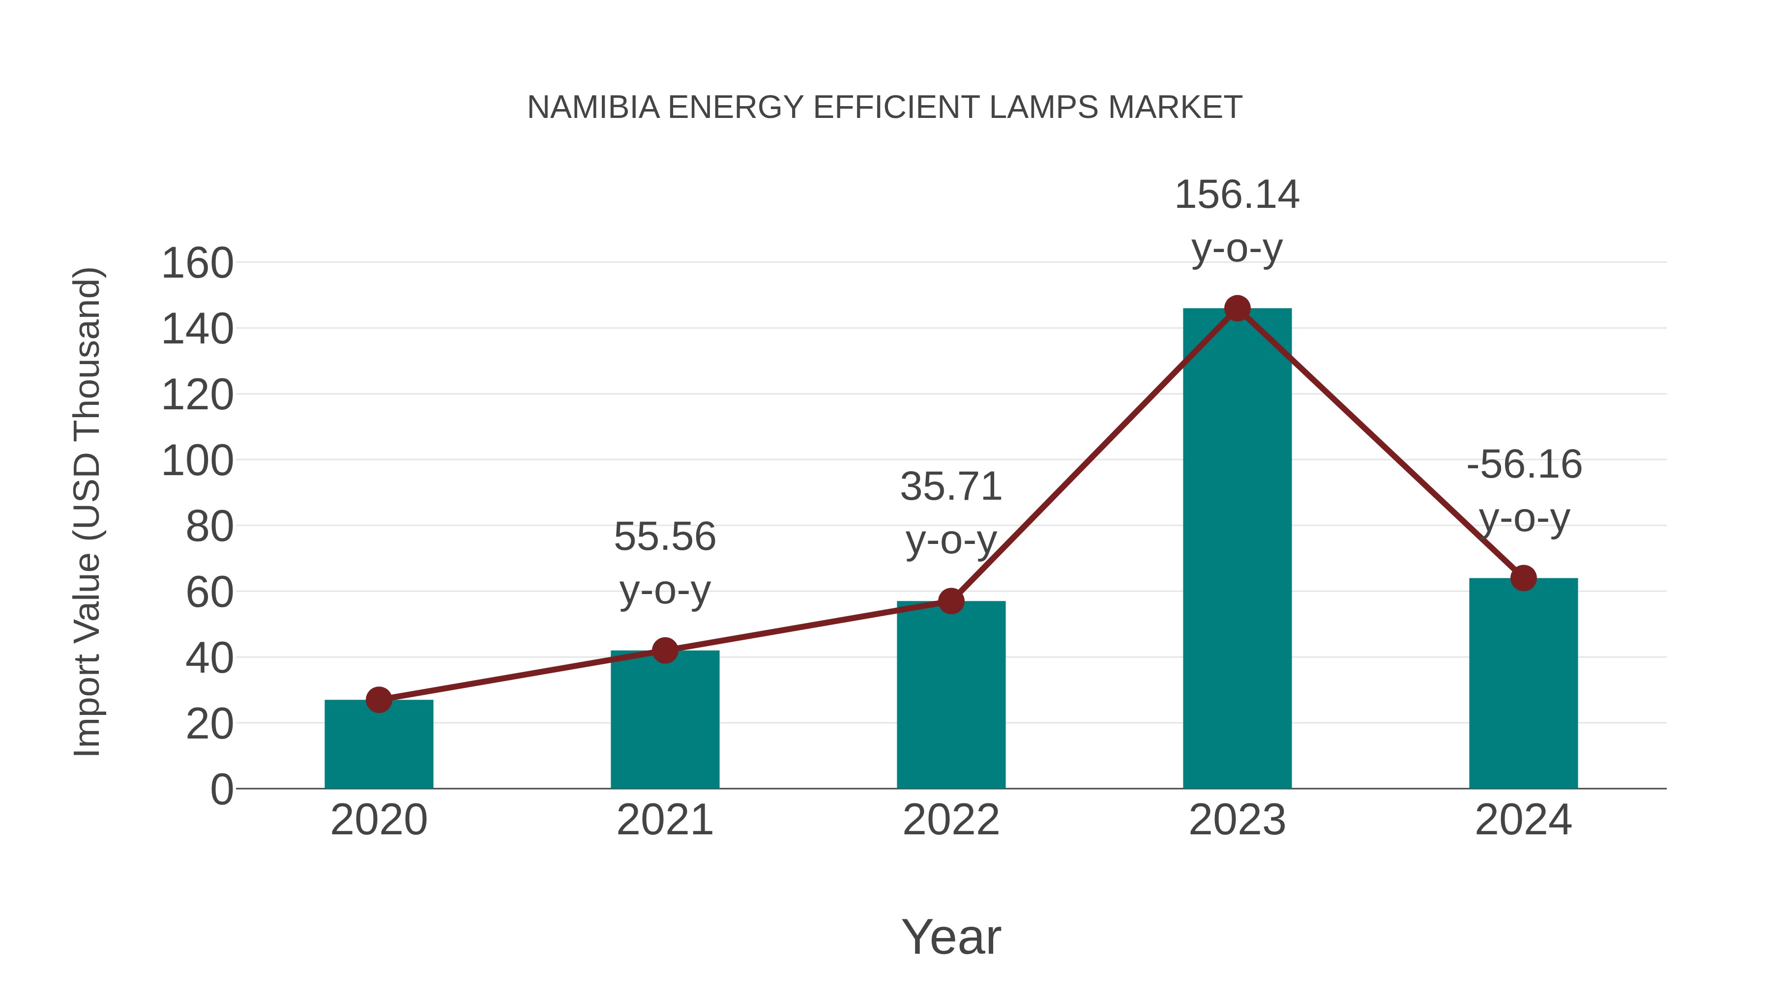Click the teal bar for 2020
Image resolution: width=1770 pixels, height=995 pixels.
point(379,745)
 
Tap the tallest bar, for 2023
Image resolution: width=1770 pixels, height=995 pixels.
point(1237,549)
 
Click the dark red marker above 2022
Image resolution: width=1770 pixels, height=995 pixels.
point(951,601)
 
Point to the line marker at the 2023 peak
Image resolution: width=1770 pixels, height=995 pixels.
point(1237,308)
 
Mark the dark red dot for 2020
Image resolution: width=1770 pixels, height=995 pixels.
point(379,700)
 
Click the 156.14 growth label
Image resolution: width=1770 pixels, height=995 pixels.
point(1237,195)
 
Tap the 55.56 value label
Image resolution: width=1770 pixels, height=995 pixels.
point(664,536)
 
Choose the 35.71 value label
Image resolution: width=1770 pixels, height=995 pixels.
point(951,487)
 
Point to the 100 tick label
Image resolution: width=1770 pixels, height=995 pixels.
point(197,461)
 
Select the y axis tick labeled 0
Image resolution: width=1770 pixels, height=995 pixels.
point(221,789)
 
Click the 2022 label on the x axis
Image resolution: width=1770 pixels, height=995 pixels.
point(951,820)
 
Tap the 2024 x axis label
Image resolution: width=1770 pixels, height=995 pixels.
point(1523,820)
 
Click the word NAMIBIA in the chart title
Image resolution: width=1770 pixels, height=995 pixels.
point(593,108)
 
